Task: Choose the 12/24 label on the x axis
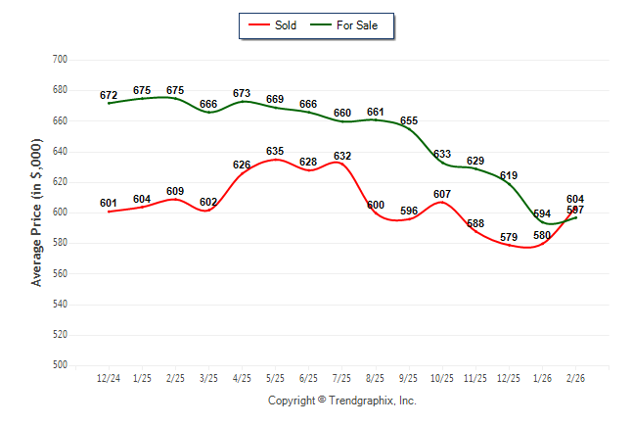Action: pyautogui.click(x=109, y=377)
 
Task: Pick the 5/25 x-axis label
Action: pyautogui.click(x=275, y=377)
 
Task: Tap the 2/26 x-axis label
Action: pyautogui.click(x=575, y=377)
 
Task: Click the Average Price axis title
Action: pyautogui.click(x=37, y=212)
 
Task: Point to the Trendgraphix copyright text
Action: pyautogui.click(x=342, y=401)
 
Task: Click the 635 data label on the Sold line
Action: pyautogui.click(x=275, y=151)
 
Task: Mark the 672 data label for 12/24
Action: pyautogui.click(x=109, y=95)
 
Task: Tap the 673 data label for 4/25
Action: pyautogui.click(x=242, y=94)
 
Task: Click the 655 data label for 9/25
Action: pyautogui.click(x=409, y=121)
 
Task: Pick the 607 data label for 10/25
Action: pyautogui.click(x=442, y=194)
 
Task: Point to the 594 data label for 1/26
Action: pyautogui.click(x=542, y=213)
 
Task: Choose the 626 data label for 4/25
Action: pyautogui.click(x=242, y=165)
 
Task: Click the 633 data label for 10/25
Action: pyautogui.click(x=442, y=154)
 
